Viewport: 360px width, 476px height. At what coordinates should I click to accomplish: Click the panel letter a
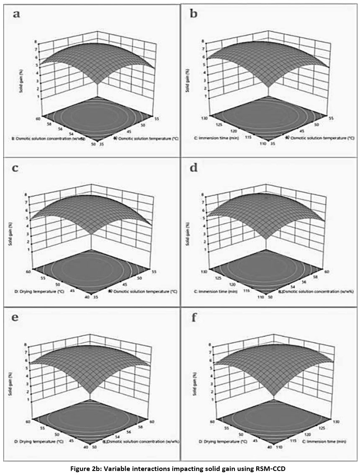pyautogui.click(x=16, y=15)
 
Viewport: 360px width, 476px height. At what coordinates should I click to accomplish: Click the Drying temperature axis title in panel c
pyautogui.click(x=35, y=289)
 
